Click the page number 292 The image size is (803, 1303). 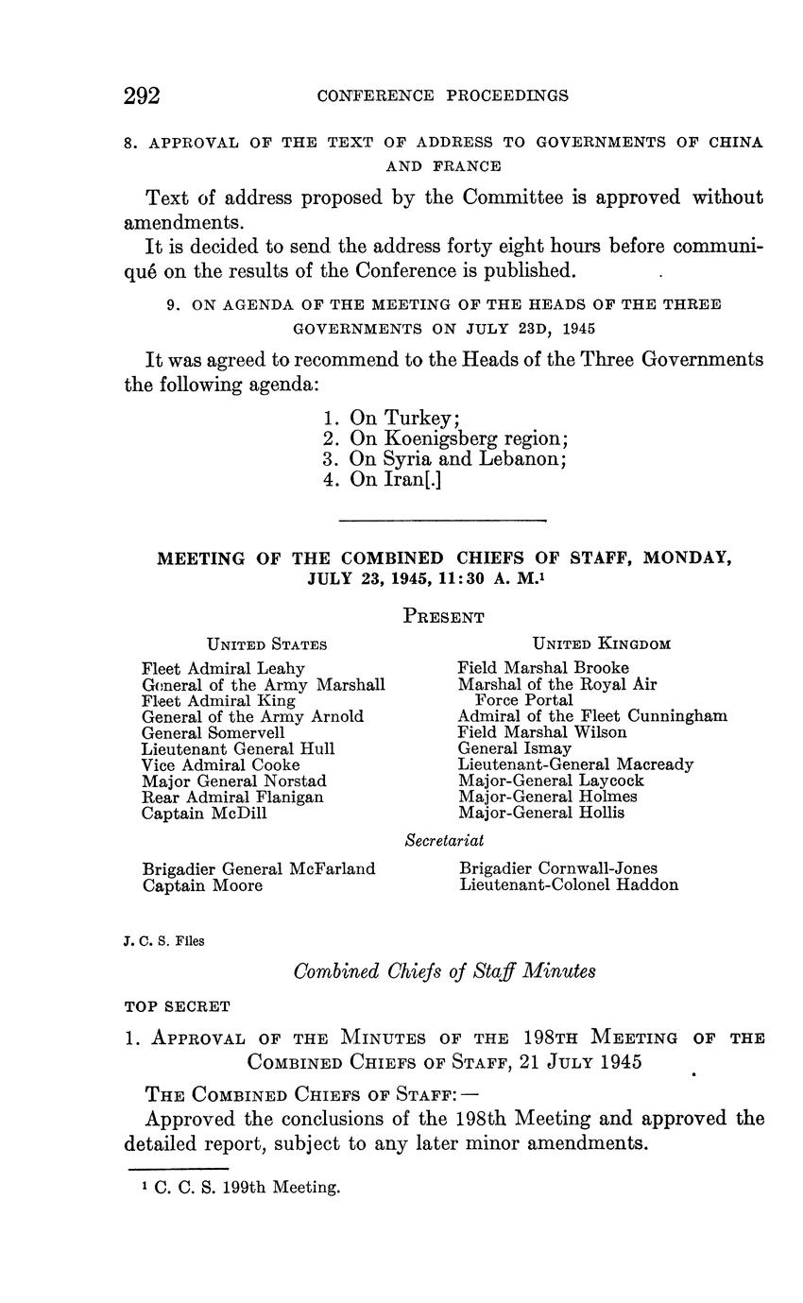(x=142, y=95)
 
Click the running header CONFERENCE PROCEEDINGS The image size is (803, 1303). (x=442, y=95)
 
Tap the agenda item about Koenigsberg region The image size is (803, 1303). (x=445, y=438)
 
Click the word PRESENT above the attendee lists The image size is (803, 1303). (x=443, y=617)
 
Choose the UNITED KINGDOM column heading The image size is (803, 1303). (x=602, y=644)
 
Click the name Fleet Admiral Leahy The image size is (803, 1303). (x=223, y=669)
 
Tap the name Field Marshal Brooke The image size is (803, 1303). (x=543, y=668)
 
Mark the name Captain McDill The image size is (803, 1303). (x=204, y=813)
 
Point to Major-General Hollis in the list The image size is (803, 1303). (x=541, y=813)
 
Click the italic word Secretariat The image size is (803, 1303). (x=444, y=840)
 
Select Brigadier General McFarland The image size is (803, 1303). (x=259, y=868)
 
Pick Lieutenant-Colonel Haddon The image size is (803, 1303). (x=569, y=885)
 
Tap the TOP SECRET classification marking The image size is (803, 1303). (x=177, y=1006)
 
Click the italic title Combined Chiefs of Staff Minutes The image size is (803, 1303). (x=444, y=970)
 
